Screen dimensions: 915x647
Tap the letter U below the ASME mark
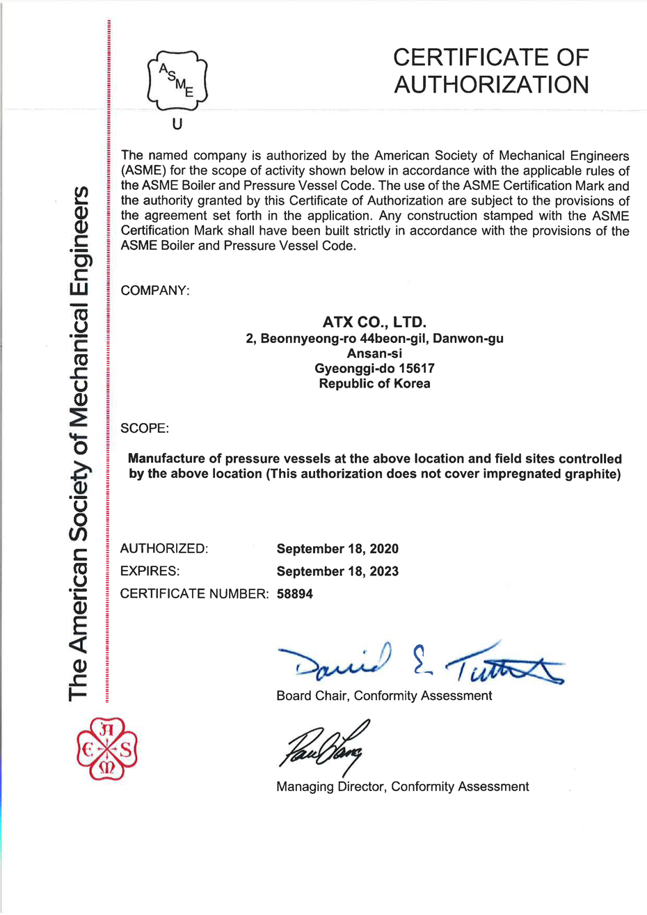[x=177, y=125]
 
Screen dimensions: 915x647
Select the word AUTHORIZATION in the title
[x=491, y=84]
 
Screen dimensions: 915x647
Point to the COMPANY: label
[x=155, y=290]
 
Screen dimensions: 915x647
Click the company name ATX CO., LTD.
[x=374, y=323]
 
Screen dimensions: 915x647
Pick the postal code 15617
[x=417, y=369]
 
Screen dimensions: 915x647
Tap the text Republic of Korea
[x=374, y=383]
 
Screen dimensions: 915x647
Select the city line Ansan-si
[x=374, y=354]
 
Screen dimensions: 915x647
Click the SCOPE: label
[x=145, y=428]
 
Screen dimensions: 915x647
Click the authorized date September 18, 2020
[x=337, y=549]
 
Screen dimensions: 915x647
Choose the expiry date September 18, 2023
[x=337, y=571]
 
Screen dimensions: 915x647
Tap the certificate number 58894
[x=295, y=594]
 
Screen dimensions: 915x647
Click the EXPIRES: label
[x=150, y=571]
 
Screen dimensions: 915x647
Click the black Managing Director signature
[x=323, y=745]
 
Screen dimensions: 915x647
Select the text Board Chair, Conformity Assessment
[x=384, y=695]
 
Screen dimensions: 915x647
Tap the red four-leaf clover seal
[x=107, y=749]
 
